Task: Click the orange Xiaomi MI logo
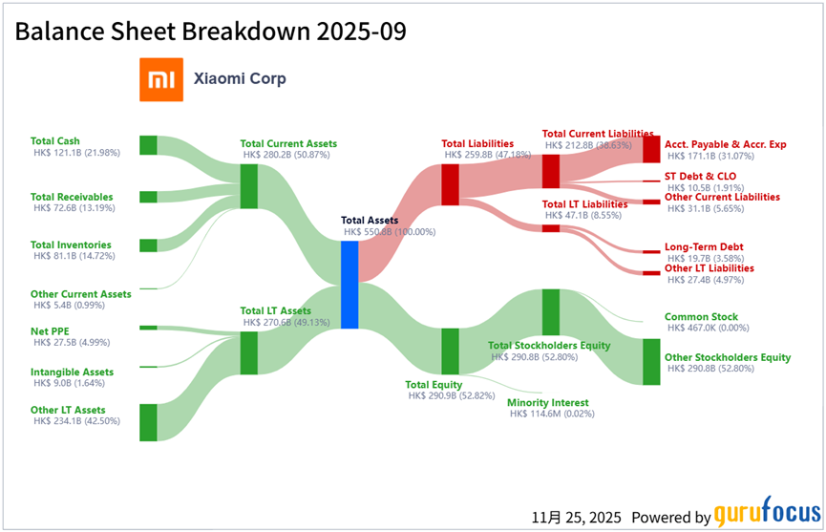161,79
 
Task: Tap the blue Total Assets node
349,285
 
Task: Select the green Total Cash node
148,145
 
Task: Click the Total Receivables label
72,197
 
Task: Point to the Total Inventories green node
148,245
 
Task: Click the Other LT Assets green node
148,422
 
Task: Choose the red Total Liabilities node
450,184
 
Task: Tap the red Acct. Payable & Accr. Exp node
651,149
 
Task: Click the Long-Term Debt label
704,246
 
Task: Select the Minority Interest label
548,402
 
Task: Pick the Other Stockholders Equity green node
651,362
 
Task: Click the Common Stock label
701,316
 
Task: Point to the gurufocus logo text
768,511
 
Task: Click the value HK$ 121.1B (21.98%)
77,153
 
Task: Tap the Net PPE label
50,331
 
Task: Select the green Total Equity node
450,351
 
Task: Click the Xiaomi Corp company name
240,78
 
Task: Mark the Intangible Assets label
73,372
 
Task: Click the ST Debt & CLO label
701,176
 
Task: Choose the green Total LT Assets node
248,352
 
